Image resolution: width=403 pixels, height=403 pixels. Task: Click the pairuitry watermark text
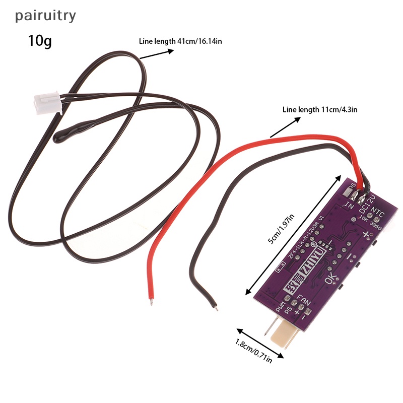pyautogui.click(x=45, y=16)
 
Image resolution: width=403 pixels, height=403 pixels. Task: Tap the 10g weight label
pyautogui.click(x=40, y=40)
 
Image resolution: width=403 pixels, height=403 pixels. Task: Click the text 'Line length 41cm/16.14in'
pyautogui.click(x=180, y=41)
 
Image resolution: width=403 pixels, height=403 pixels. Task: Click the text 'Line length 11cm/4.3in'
pyautogui.click(x=320, y=109)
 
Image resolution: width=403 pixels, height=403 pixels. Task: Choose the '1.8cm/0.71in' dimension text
pyautogui.click(x=253, y=351)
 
